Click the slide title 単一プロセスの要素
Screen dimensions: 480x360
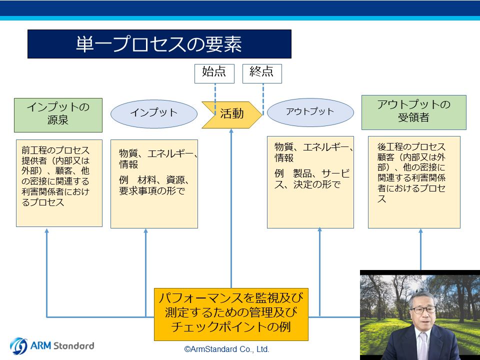tap(159, 44)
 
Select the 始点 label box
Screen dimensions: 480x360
tap(214, 73)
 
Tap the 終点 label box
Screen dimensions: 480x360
tap(262, 73)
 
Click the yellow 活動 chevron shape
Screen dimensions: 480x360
tap(231, 115)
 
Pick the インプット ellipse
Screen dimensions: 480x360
tap(153, 114)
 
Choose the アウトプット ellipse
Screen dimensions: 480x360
tap(310, 112)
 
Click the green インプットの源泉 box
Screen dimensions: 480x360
tap(58, 115)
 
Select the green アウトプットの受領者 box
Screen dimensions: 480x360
tap(414, 112)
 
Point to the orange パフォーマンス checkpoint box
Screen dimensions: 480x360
tap(231, 314)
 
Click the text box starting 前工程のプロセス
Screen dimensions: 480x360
tap(59, 183)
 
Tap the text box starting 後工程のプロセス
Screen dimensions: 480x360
tap(414, 182)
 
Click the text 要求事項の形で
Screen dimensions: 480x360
tap(152, 191)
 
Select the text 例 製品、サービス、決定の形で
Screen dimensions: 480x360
tap(312, 179)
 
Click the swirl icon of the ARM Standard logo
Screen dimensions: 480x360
tap(18, 346)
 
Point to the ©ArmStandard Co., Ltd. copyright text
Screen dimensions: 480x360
tap(227, 349)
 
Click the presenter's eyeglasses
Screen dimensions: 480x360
tap(423, 310)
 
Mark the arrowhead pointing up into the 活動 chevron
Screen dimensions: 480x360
tap(231, 130)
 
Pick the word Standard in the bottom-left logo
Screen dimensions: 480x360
tap(74, 346)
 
